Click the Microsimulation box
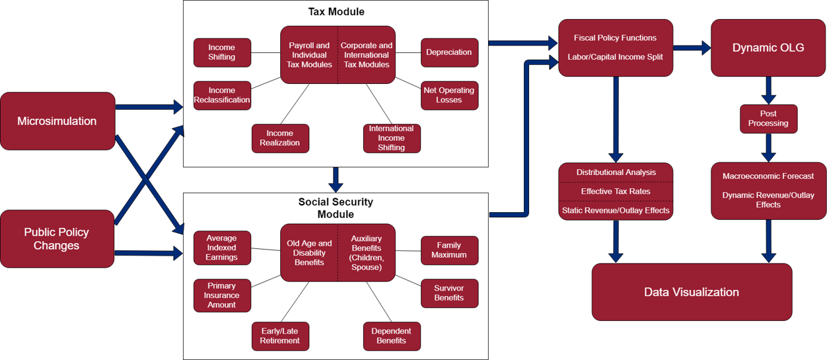point(57,121)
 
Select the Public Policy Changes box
point(57,238)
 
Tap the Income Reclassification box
point(222,95)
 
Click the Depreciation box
point(449,52)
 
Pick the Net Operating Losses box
point(449,95)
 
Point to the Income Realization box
point(280,138)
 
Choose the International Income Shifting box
point(392,138)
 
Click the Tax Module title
point(336,12)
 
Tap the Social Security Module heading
point(336,208)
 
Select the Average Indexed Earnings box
point(222,248)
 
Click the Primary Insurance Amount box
point(222,295)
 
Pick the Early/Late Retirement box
point(280,336)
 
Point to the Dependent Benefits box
point(392,336)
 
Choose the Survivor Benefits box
point(449,293)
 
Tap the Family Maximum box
point(449,250)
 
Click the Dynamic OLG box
point(768,48)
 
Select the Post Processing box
point(768,119)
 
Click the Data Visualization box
point(692,292)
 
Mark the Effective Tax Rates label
point(616,192)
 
